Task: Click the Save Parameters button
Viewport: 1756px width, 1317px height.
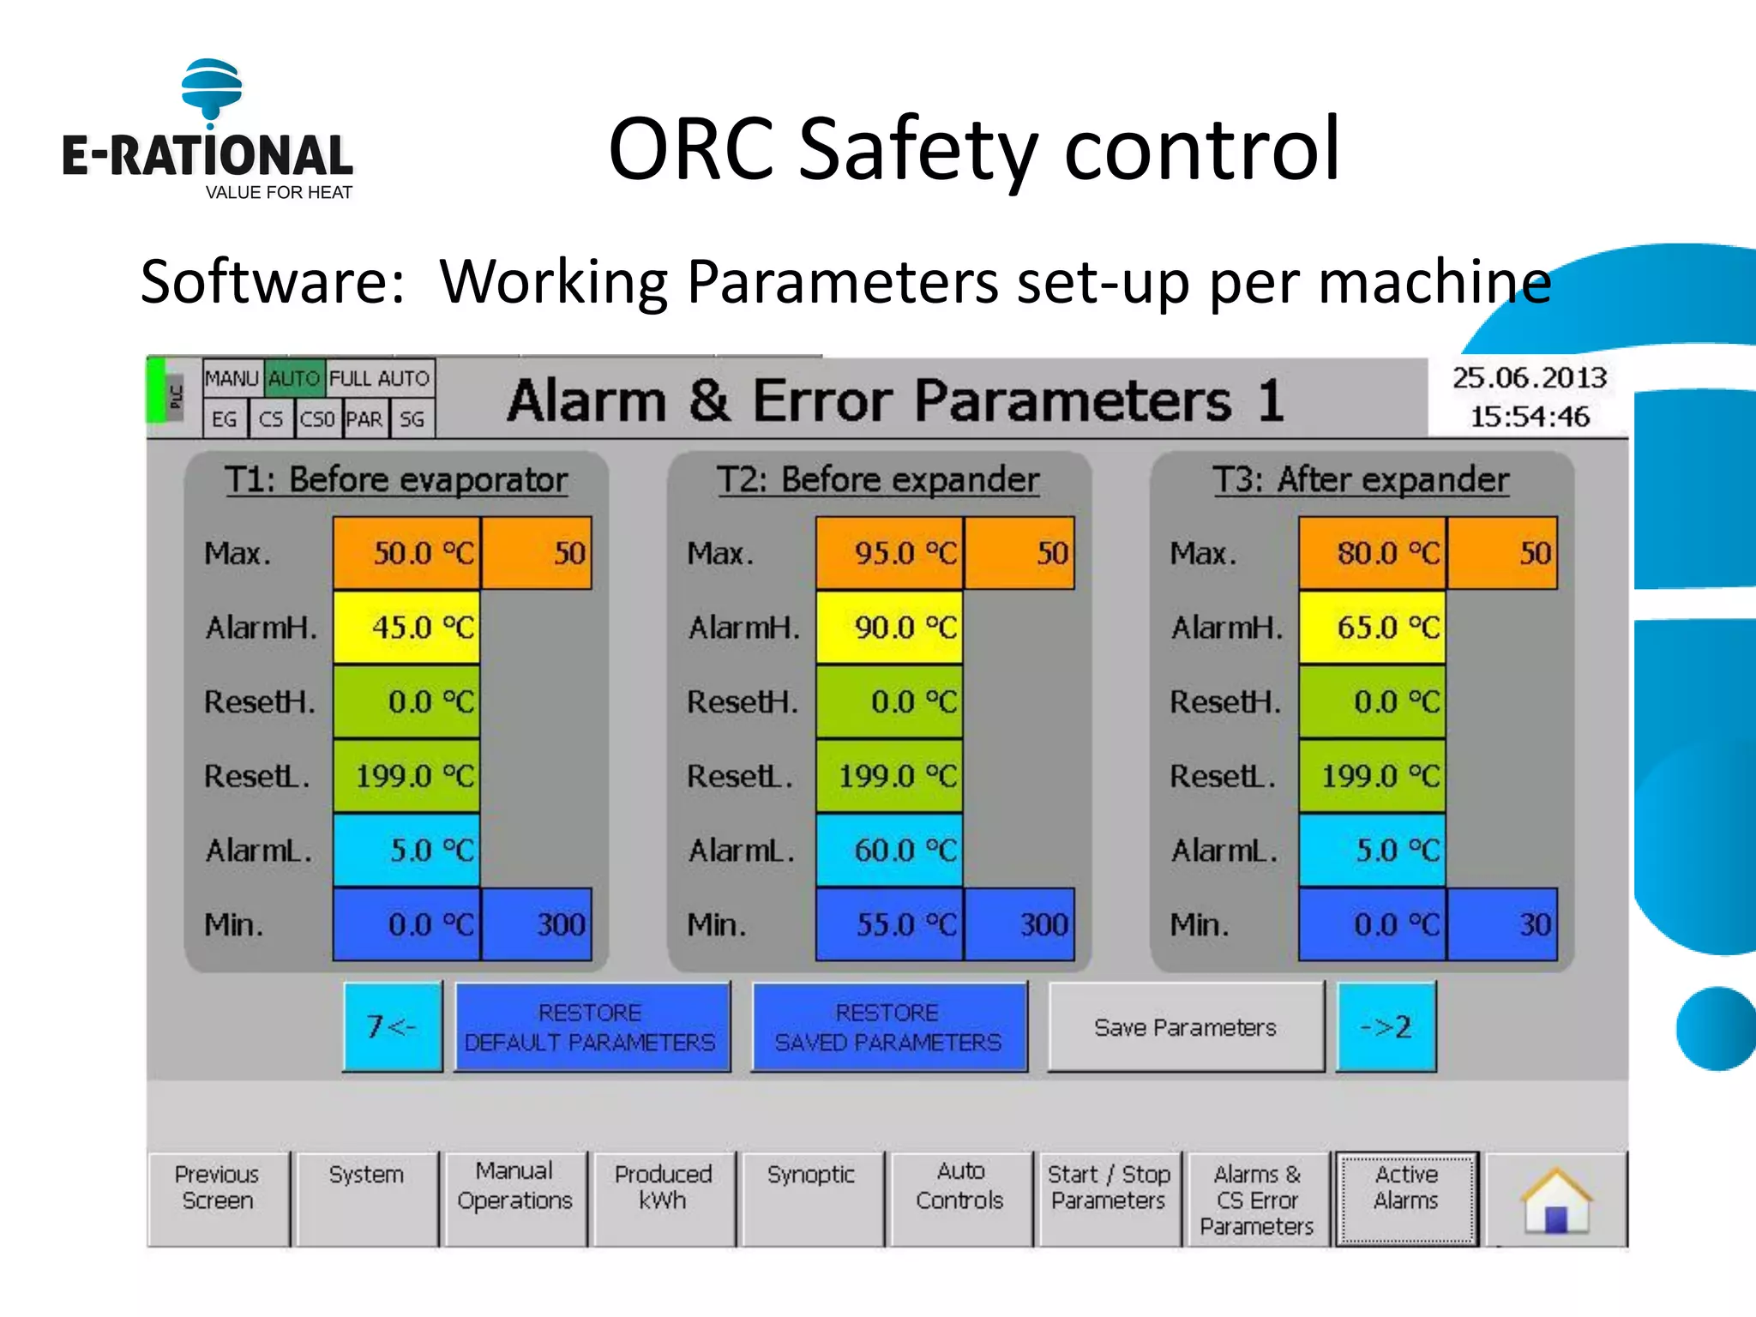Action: tap(1185, 1027)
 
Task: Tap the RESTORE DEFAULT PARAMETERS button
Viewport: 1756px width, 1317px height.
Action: tap(592, 1027)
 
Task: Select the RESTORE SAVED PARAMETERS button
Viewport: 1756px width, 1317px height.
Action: tap(889, 1027)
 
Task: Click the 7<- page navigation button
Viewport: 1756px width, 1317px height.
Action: tap(393, 1026)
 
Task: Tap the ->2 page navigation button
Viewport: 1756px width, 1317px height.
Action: tap(1386, 1026)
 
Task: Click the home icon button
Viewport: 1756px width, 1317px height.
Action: tap(1556, 1200)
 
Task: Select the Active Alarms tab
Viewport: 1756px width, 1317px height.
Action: tap(1406, 1198)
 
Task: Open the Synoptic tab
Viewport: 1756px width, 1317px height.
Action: tap(811, 1198)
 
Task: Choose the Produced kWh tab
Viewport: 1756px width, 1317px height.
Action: tap(663, 1198)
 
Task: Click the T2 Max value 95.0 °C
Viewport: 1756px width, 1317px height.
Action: tap(889, 553)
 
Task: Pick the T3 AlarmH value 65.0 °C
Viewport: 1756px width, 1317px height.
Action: tap(1372, 628)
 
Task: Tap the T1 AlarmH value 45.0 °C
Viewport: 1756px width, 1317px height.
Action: tap(406, 628)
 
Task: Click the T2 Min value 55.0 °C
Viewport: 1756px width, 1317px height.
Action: tap(889, 924)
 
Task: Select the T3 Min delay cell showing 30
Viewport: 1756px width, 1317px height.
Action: tap(1502, 924)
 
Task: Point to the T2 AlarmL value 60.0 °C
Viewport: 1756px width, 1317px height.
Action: tap(889, 851)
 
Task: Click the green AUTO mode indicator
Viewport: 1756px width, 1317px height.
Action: tap(294, 378)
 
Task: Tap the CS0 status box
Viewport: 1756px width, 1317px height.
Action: tap(317, 419)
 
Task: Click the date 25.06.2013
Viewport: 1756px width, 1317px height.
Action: tap(1529, 378)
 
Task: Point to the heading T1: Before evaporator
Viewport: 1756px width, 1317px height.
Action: tap(396, 479)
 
